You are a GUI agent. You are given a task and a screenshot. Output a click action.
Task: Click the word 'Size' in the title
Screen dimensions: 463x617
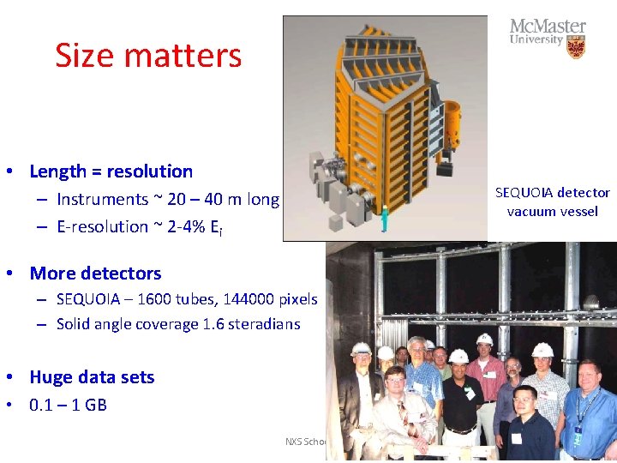click(x=83, y=56)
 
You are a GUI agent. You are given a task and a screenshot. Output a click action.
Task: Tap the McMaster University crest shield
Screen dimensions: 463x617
click(x=576, y=47)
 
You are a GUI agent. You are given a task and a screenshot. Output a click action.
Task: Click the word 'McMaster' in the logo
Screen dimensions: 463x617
click(x=548, y=27)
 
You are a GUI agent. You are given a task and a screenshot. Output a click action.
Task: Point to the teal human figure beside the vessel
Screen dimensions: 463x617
click(x=386, y=219)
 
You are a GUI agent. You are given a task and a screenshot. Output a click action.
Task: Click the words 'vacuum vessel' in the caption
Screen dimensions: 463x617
click(x=552, y=212)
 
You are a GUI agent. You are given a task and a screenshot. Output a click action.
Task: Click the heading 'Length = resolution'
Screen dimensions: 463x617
click(x=111, y=171)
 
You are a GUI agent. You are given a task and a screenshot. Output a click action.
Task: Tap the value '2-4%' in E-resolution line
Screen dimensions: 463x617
click(x=173, y=227)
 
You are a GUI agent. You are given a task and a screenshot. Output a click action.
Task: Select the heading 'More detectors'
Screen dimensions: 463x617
click(x=95, y=274)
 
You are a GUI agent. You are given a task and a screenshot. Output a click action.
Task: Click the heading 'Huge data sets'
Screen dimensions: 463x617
click(x=92, y=377)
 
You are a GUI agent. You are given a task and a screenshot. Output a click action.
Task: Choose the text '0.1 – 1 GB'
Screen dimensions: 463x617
click(x=68, y=405)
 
